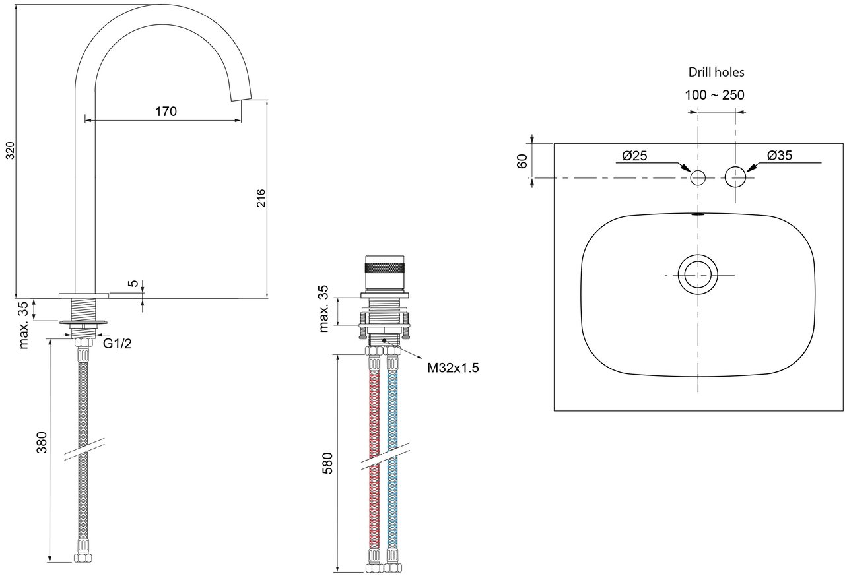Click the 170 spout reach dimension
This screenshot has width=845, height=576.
pyautogui.click(x=166, y=112)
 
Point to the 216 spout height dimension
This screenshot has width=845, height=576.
pyautogui.click(x=260, y=199)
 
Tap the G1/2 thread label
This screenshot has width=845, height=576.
pyautogui.click(x=118, y=343)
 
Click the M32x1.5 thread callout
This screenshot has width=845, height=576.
pyautogui.click(x=453, y=368)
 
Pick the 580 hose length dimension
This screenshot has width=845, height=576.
pyautogui.click(x=328, y=463)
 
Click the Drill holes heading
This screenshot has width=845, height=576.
pyautogui.click(x=716, y=72)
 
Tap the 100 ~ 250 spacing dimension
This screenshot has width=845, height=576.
pyautogui.click(x=714, y=95)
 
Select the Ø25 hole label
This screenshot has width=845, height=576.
pyautogui.click(x=634, y=156)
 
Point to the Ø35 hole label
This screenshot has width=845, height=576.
pyautogui.click(x=780, y=156)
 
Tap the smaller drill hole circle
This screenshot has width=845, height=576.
pyautogui.click(x=698, y=177)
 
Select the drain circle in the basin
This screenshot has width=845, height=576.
pyautogui.click(x=698, y=274)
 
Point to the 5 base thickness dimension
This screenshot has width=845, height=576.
pyautogui.click(x=134, y=284)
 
